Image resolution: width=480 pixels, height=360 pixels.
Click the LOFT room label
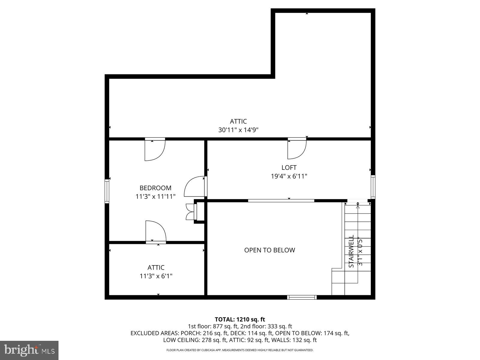(289, 168)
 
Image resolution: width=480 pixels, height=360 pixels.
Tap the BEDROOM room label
(155, 188)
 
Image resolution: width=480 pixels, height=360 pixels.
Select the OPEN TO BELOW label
(269, 250)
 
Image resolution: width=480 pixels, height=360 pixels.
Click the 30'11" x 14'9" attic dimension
(238, 130)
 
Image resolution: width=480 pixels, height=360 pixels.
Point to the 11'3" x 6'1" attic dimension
(156, 276)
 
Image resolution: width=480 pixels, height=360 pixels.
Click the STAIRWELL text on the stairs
(351, 251)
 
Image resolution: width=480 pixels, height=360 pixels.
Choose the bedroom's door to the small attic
(155, 231)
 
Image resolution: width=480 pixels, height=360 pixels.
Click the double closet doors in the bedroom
(190, 212)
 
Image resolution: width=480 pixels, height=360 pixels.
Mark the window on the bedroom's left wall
(107, 191)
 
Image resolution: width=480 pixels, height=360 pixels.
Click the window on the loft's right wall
(373, 187)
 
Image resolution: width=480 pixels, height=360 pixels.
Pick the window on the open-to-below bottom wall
(302, 297)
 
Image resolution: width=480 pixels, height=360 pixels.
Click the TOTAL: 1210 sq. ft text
(240, 319)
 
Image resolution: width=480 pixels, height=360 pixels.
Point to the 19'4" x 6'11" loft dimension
(289, 176)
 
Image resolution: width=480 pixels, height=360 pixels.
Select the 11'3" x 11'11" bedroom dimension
(155, 196)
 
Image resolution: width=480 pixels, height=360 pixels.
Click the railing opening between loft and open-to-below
(281, 200)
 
